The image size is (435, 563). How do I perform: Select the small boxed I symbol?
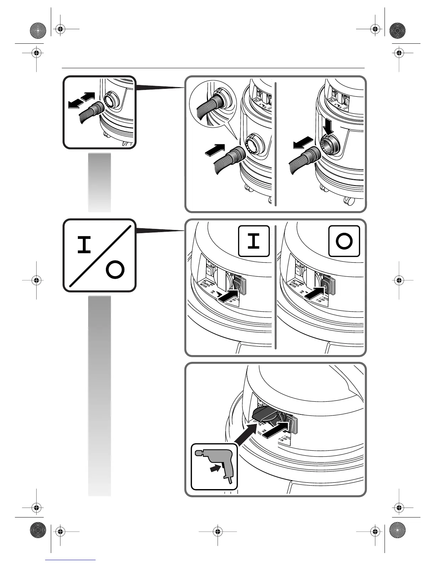click(x=253, y=241)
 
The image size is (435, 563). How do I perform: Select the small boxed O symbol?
click(x=344, y=241)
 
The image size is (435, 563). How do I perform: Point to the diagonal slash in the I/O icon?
click(x=100, y=256)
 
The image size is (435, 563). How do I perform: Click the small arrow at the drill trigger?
click(x=214, y=469)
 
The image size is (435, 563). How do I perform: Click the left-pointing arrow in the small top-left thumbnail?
click(x=75, y=104)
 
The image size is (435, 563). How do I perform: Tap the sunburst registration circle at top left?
click(x=37, y=30)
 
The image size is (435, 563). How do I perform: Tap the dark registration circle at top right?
click(x=397, y=30)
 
